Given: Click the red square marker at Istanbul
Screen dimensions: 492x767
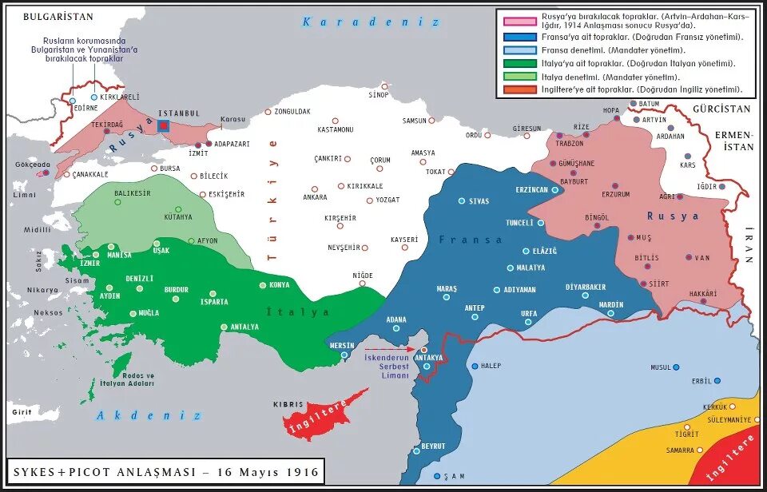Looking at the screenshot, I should coord(163,126).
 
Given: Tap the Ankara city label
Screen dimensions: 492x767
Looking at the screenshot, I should coord(315,197).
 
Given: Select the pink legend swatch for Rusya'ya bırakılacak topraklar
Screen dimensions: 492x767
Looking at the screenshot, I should coord(519,19).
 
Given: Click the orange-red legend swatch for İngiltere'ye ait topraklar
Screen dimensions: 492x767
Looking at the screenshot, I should coord(519,90).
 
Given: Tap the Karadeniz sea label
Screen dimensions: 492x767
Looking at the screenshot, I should coord(370,22).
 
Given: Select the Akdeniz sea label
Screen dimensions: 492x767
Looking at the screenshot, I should coord(149,415).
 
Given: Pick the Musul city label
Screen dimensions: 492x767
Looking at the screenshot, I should coord(660,367).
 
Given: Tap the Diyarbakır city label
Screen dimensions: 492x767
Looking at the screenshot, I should coord(586,287).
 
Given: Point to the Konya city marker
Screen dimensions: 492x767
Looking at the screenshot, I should coord(263,285).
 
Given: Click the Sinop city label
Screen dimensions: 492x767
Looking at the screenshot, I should coord(378,95).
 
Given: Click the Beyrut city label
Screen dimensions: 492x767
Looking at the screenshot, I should coord(433,446).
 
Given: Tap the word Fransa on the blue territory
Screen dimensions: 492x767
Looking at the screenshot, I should coord(471,240).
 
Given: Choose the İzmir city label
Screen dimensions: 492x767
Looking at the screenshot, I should coord(89,263).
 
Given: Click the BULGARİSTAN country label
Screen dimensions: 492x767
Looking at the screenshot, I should coord(58,17).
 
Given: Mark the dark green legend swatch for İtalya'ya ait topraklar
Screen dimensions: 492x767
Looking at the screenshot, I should coord(519,62).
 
